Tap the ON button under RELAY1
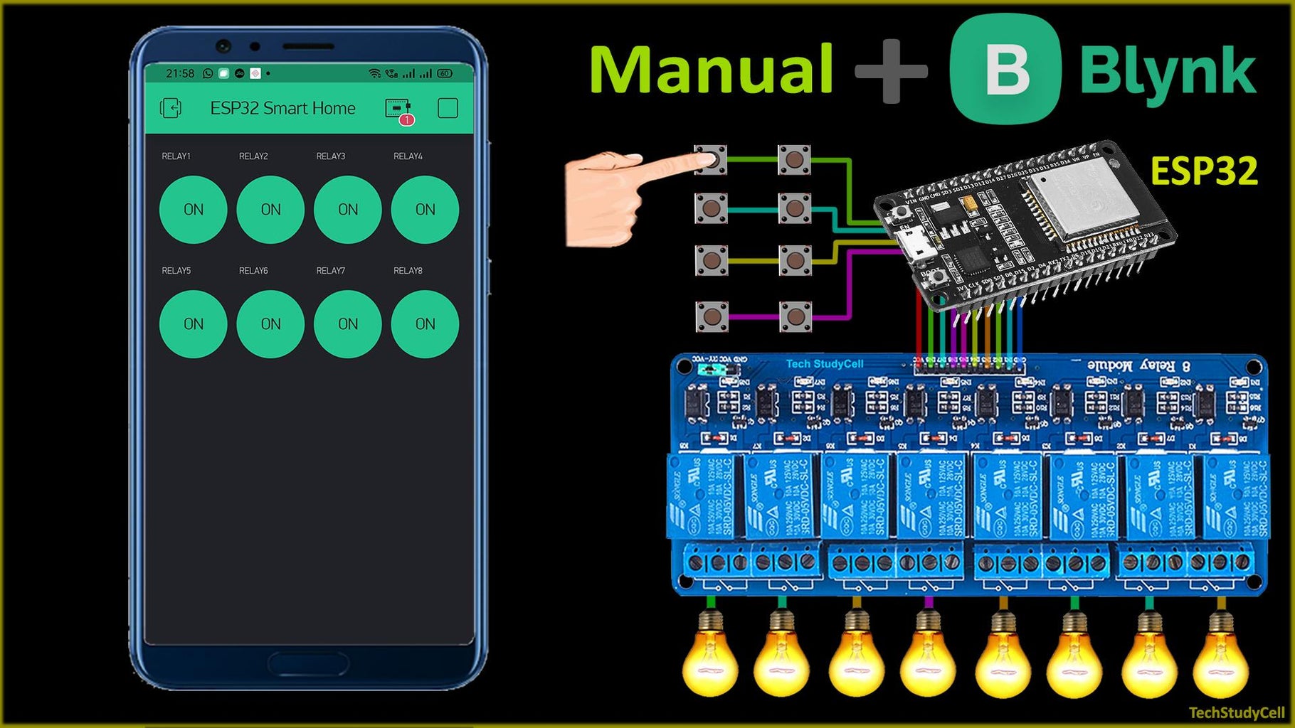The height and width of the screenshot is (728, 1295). (193, 210)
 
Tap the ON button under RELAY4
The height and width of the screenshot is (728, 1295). (425, 210)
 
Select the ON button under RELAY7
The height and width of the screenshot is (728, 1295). (347, 324)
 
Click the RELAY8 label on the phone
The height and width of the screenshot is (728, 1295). (408, 271)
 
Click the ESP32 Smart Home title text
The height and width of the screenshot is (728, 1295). (282, 108)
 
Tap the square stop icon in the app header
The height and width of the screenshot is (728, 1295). (448, 108)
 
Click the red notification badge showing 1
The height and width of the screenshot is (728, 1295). (406, 120)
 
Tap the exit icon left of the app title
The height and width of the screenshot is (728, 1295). (171, 108)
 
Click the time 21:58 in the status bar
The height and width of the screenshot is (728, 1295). (179, 73)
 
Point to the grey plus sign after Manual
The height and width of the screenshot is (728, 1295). (891, 70)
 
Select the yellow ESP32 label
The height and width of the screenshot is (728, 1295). (1203, 171)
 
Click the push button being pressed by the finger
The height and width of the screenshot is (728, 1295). (711, 160)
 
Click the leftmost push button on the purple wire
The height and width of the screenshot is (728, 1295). (711, 316)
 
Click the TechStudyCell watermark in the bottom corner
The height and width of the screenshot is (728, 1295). (1237, 712)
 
